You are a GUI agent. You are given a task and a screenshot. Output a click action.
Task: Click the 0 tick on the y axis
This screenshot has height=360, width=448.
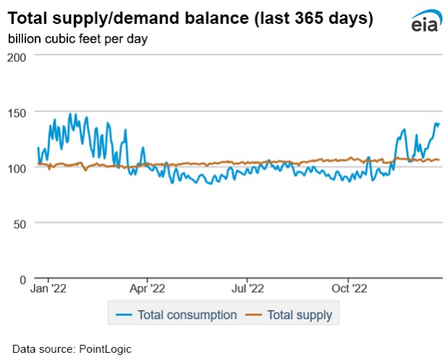coord(23,279)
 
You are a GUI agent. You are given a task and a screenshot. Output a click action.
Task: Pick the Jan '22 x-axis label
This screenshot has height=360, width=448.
coord(49,288)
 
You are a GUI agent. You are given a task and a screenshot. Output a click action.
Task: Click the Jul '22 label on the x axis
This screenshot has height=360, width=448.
coord(247,288)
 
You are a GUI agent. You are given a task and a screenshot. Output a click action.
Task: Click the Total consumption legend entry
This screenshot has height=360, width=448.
coord(188,315)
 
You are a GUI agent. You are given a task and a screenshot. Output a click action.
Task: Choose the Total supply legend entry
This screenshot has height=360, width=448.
coord(299,315)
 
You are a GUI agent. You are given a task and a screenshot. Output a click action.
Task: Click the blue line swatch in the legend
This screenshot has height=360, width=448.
coord(124,315)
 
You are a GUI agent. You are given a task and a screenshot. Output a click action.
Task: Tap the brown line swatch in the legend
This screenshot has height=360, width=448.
coord(254,315)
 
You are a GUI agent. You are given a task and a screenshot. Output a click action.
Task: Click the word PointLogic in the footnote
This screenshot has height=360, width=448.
coord(102,348)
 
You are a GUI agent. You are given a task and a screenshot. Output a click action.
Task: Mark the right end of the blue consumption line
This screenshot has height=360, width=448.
coord(439,124)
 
